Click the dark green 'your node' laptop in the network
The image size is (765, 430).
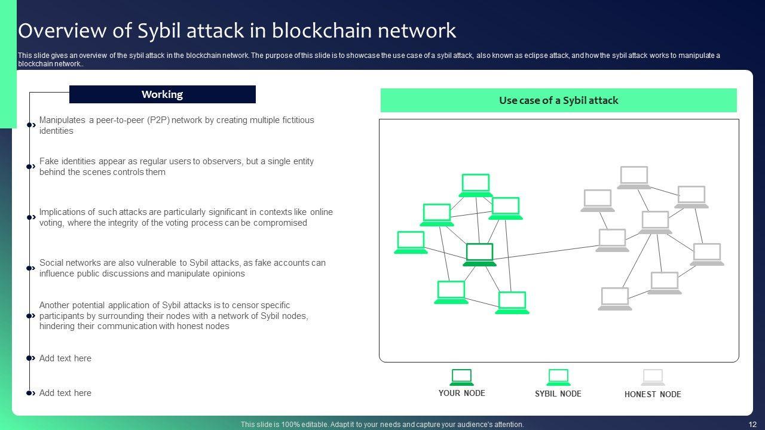(480, 254)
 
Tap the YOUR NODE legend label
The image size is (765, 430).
(461, 393)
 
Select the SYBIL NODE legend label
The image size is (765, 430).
(558, 394)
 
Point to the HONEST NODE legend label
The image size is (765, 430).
(653, 394)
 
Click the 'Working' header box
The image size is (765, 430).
(162, 94)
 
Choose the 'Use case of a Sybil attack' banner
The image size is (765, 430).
(558, 100)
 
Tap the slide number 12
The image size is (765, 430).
(752, 425)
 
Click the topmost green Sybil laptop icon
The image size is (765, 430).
(476, 185)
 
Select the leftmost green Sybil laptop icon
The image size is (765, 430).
(411, 242)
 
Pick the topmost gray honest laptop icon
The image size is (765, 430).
(634, 177)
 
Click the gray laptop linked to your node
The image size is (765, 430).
(612, 239)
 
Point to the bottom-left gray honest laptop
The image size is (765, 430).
(615, 298)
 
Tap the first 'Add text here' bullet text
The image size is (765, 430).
(65, 358)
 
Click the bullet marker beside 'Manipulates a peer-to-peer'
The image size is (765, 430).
(31, 125)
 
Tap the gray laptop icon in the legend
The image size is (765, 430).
(653, 377)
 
